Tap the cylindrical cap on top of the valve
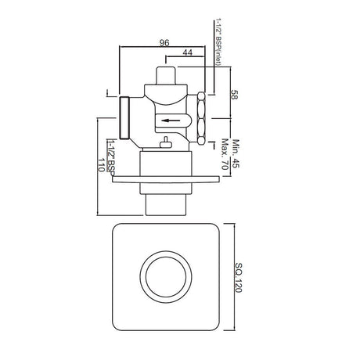coord(165,77)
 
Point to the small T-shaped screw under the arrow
coord(166,142)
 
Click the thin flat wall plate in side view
coord(165,184)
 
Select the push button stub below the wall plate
coord(165,201)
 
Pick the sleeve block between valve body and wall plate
coord(165,166)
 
